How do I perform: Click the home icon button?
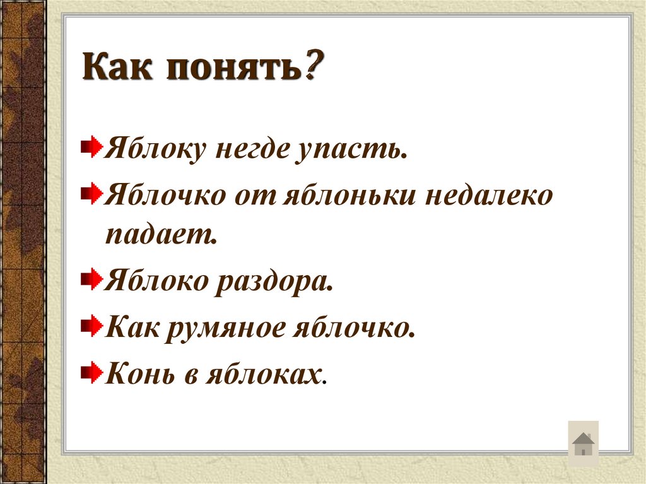[x=584, y=444]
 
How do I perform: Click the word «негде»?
[x=249, y=151]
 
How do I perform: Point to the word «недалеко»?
[x=490, y=196]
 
